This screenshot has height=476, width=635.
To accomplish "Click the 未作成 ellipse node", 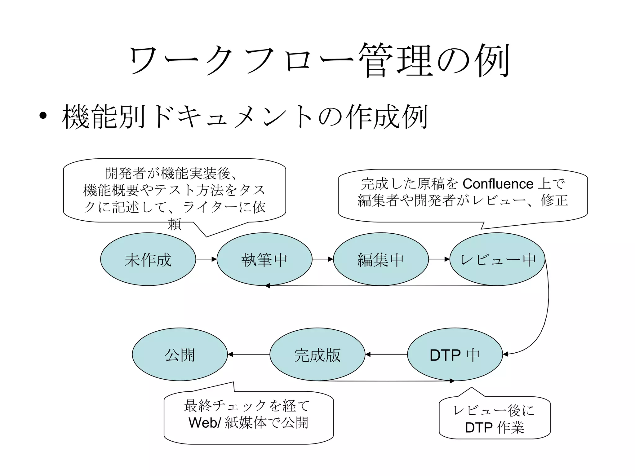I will (x=148, y=259).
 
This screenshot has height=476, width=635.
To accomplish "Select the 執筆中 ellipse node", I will (x=264, y=259).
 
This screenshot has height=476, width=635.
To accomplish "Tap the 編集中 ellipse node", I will (x=380, y=259).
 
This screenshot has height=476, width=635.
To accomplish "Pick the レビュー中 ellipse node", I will (x=497, y=259).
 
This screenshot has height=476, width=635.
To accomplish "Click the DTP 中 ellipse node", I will (x=455, y=354).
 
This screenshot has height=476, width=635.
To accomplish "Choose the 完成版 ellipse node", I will (x=317, y=354).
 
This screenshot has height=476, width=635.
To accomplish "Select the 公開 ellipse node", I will (x=180, y=354).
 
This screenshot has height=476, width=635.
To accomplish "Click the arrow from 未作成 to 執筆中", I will (x=206, y=259).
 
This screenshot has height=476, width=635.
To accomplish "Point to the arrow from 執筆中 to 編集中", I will (x=322, y=259).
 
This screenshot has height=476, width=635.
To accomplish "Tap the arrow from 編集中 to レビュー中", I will (x=439, y=259).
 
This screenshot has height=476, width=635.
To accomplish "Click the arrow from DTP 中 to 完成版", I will (x=386, y=354).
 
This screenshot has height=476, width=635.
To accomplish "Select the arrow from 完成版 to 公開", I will (x=249, y=354).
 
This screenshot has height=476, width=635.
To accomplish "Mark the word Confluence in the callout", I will (x=498, y=184).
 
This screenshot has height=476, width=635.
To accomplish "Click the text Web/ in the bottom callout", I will (x=205, y=423).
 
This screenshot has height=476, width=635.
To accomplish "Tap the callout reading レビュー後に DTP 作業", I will (x=495, y=418).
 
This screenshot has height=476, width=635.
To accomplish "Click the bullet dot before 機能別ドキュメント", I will (x=43, y=116).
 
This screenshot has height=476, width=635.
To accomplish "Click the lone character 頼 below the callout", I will (x=175, y=224).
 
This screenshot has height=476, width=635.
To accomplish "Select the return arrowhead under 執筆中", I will (x=268, y=286).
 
